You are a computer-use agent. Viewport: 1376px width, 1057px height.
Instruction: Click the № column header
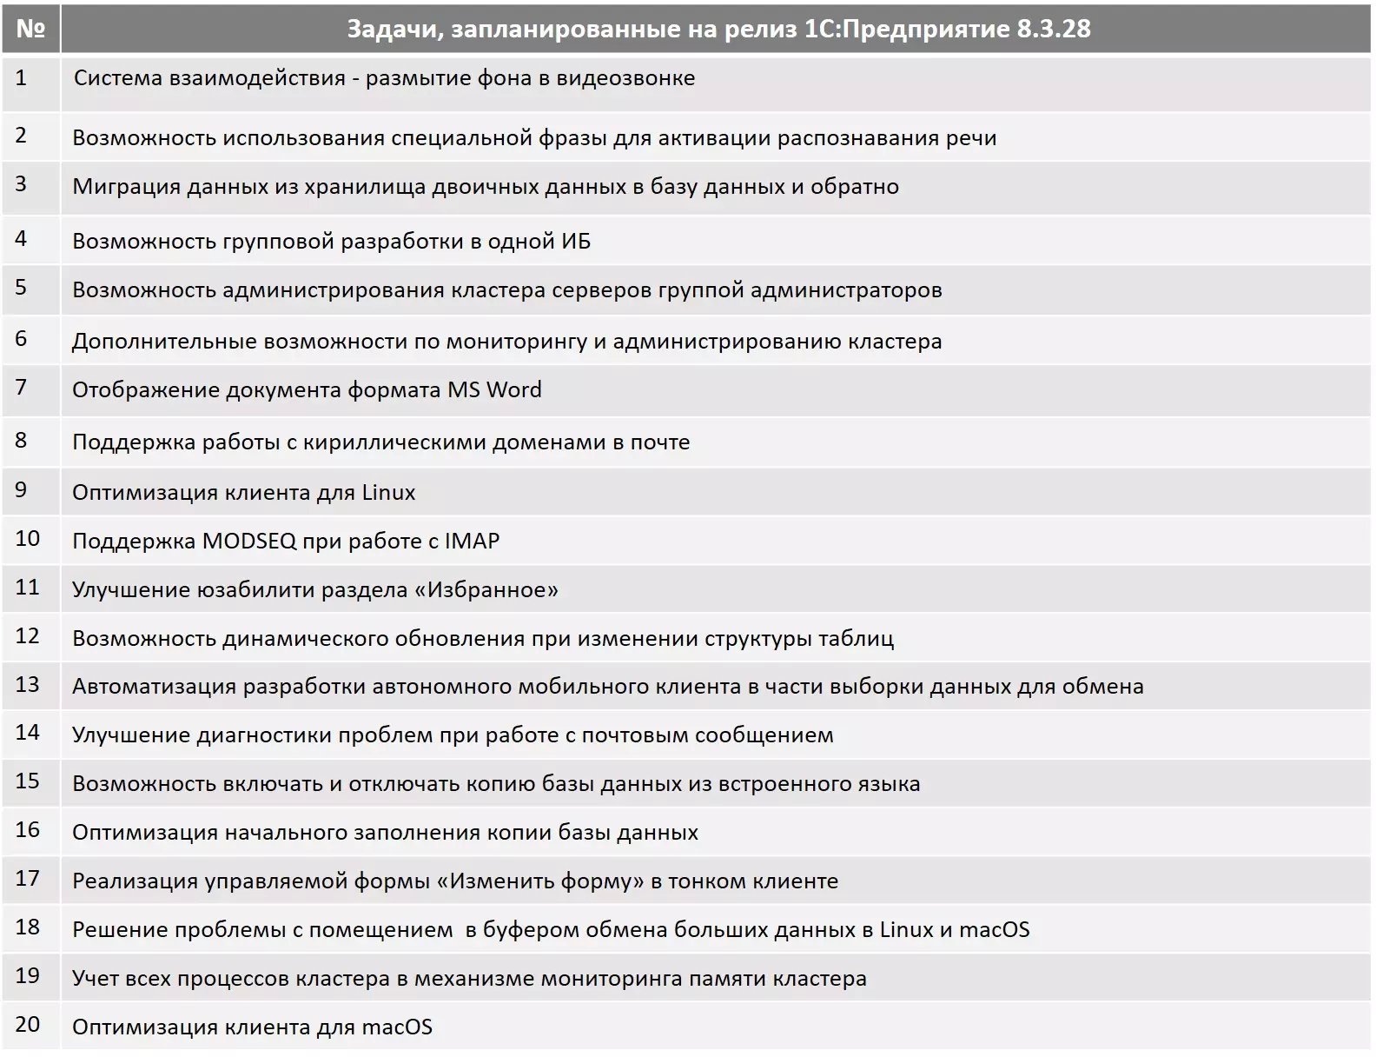[30, 29]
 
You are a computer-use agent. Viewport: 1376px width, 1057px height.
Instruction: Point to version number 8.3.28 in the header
[1053, 29]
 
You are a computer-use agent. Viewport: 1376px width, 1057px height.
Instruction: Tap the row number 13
[28, 685]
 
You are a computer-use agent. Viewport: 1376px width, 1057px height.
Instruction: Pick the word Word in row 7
[513, 389]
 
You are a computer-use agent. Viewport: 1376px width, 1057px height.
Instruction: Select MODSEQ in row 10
[249, 541]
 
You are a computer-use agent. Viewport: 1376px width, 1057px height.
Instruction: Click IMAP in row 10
[472, 541]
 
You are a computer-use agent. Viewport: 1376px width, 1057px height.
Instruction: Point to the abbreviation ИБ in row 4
[576, 241]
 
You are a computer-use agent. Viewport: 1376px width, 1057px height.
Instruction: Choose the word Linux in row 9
[388, 492]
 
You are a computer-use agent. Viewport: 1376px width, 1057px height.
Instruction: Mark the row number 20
[28, 1024]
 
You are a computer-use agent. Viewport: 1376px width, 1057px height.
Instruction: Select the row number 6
[22, 339]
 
